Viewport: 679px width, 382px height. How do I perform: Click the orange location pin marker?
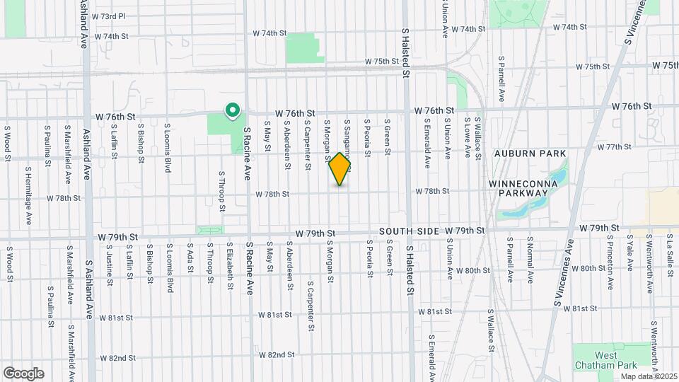[x=340, y=169]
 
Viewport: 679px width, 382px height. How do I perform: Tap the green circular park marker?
[x=231, y=110]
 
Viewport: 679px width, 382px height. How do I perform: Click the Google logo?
[x=23, y=374]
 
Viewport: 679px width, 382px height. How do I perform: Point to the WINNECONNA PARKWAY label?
[x=523, y=188]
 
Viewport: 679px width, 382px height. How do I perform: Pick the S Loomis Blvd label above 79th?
[x=168, y=149]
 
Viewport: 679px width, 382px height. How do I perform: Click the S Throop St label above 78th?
[x=221, y=191]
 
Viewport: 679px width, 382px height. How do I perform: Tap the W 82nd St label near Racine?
[x=276, y=354]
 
